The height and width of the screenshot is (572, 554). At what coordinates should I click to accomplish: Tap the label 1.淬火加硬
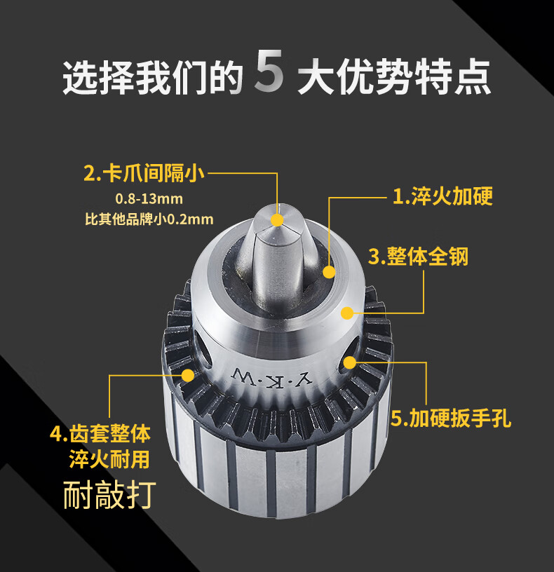click(442, 196)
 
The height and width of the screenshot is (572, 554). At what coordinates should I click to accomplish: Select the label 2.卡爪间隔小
click(144, 173)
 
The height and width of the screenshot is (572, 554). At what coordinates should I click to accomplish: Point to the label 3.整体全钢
click(418, 257)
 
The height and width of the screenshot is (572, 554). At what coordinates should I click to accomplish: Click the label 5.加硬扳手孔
click(451, 418)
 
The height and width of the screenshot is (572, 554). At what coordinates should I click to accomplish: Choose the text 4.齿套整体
click(100, 434)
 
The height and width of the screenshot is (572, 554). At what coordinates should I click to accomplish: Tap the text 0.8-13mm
click(149, 199)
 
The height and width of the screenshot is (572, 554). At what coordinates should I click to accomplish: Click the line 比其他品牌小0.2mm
click(149, 219)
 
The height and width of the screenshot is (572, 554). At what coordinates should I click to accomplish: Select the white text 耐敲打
click(109, 495)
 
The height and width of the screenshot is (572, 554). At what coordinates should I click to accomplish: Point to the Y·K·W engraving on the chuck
click(272, 378)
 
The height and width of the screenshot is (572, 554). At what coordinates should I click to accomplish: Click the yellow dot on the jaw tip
click(278, 220)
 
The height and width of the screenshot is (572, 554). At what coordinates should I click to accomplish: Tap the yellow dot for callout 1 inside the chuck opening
click(329, 272)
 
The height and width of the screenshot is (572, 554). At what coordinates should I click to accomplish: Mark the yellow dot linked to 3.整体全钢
click(347, 313)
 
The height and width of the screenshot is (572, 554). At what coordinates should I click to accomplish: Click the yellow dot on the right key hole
click(350, 362)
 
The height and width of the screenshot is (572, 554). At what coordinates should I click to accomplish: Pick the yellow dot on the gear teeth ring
click(188, 375)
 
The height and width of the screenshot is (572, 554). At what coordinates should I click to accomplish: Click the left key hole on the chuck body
click(202, 350)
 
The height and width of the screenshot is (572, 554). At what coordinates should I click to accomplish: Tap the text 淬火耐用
click(109, 459)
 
